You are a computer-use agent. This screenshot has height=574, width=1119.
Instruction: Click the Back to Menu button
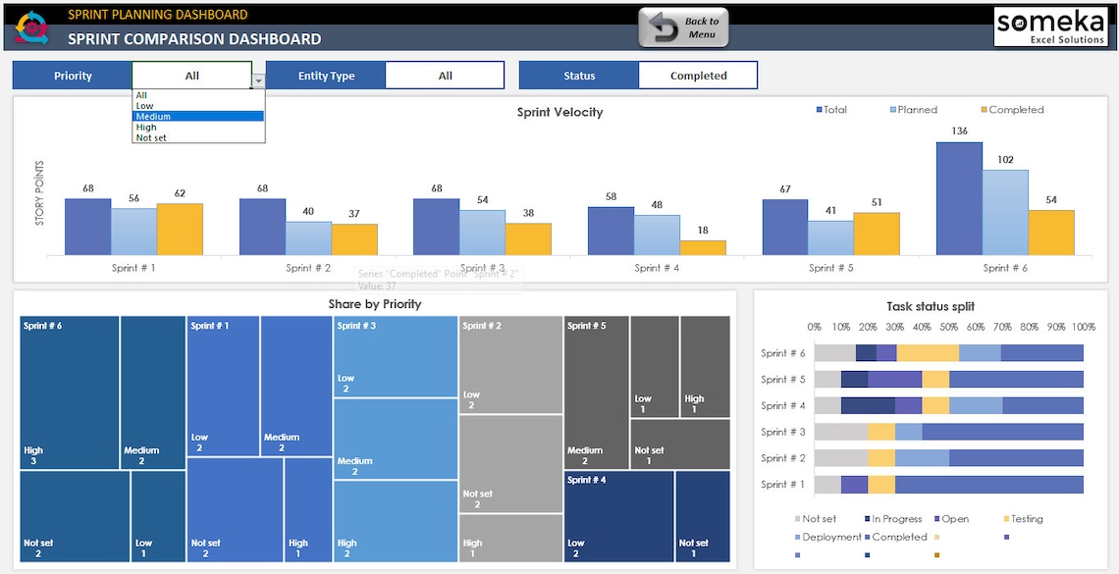683,27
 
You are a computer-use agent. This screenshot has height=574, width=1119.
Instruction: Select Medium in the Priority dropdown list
197,117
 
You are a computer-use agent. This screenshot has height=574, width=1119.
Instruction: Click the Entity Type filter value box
445,76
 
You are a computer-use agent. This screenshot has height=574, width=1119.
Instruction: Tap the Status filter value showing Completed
698,76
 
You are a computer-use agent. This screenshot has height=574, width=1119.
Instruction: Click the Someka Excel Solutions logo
1050,26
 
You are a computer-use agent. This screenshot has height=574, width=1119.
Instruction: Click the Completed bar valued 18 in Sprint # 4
703,247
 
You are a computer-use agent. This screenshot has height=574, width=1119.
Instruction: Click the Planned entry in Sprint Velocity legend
914,110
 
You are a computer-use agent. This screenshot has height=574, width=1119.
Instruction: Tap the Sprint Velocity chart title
559,112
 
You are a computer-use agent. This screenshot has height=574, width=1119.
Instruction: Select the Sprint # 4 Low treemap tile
618,516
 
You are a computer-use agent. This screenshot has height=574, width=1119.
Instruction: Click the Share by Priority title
375,304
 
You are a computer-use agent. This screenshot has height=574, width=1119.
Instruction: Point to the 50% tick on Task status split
948,327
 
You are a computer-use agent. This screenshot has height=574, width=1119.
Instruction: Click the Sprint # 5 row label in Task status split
783,380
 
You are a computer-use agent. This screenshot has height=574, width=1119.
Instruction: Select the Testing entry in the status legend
1027,519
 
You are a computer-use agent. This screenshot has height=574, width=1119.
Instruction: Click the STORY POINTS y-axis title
40,193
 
